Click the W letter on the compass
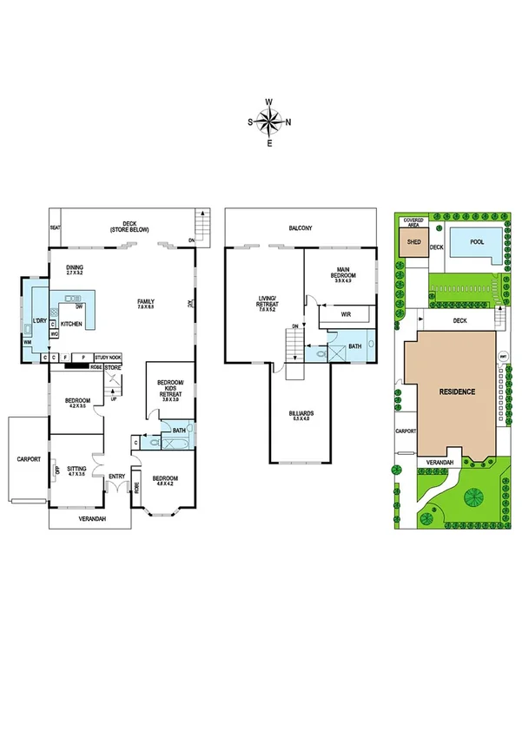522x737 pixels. click(x=269, y=102)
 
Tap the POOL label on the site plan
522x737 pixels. click(x=477, y=244)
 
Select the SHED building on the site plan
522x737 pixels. click(x=413, y=244)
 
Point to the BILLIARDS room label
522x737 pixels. click(x=301, y=416)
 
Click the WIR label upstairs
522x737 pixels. click(x=346, y=314)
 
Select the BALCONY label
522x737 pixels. click(x=301, y=228)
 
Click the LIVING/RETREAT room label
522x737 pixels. click(x=267, y=303)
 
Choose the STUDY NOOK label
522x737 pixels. click(x=109, y=357)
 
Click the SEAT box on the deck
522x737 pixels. click(x=55, y=228)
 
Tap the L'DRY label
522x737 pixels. click(x=39, y=321)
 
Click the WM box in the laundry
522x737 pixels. click(x=27, y=343)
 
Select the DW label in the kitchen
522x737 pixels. click(x=79, y=306)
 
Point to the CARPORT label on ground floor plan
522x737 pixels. click(x=28, y=459)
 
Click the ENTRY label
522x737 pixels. click(x=116, y=476)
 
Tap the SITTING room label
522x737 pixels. click(x=77, y=470)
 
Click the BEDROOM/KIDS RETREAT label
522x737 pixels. click(x=168, y=390)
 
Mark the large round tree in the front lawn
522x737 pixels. click(x=474, y=497)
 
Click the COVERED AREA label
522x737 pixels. click(x=413, y=223)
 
